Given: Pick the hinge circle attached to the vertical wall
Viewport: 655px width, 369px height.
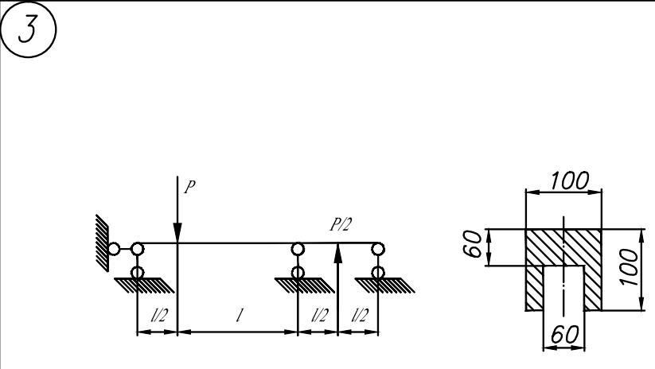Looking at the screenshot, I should point(115,250).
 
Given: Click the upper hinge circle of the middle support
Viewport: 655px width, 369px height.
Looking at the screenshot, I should point(298,249).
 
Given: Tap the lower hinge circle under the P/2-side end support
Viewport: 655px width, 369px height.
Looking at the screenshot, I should point(378,273).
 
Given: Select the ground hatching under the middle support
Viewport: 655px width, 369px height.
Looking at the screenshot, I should point(298,284).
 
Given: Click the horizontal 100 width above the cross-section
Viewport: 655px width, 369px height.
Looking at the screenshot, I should point(564,181).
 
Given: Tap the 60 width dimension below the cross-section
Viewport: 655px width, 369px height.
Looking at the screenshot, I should point(563,336).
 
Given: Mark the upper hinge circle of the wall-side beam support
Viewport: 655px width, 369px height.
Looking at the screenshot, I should point(138,249).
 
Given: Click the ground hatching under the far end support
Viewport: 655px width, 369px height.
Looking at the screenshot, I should point(378,284).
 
